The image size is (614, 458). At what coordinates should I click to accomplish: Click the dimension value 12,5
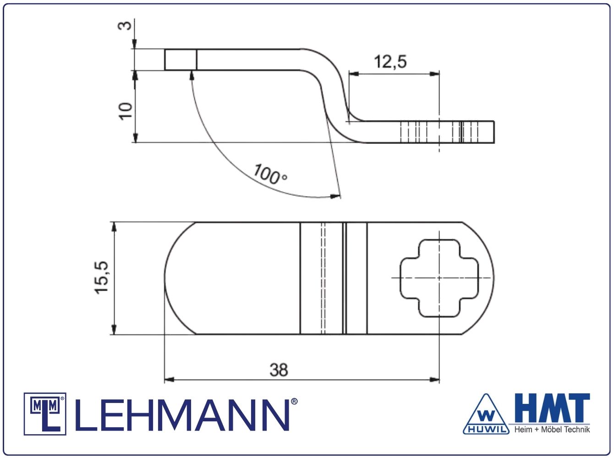coord(390,62)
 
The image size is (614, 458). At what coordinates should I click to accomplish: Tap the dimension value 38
coord(279,370)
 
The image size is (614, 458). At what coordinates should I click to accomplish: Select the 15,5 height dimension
coord(101,277)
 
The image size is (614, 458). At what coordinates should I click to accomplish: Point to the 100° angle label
coord(270,175)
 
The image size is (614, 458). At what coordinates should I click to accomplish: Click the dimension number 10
coord(126,111)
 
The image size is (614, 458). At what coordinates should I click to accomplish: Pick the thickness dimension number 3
coord(125,26)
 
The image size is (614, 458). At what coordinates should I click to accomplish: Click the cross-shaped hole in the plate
coord(439,278)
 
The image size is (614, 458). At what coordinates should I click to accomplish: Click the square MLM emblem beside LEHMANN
coord(45,414)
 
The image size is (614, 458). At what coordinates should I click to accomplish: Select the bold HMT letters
coord(552,408)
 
